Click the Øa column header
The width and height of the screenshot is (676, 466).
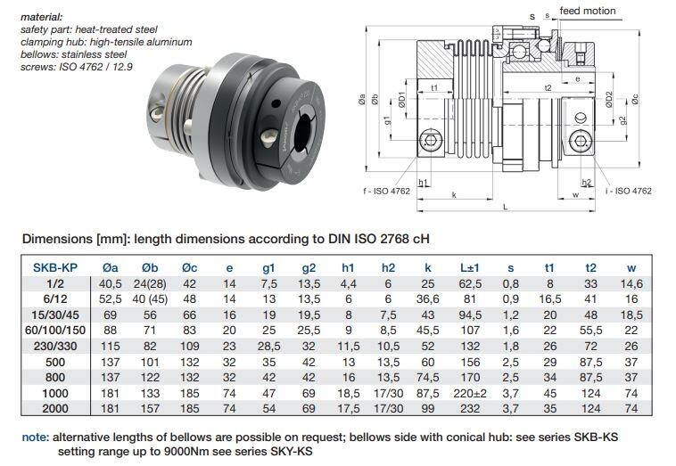[111, 267]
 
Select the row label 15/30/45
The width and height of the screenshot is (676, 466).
[55, 315]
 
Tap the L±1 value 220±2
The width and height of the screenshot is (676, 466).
[470, 393]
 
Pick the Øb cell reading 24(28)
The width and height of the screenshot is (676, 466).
[150, 284]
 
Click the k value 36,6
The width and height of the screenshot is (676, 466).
[428, 298]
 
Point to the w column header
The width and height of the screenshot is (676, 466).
[631, 268]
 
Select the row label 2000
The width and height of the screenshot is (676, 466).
[55, 408]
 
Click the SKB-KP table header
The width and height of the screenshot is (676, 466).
[55, 267]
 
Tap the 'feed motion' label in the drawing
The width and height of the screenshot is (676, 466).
[588, 11]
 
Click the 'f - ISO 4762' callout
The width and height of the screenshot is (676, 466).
[387, 191]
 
